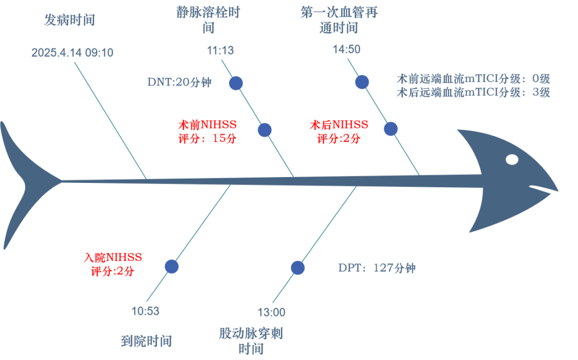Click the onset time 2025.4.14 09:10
coord(72,53)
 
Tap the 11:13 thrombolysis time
coord(220,50)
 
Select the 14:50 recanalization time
coord(346,50)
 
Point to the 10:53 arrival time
coord(146,311)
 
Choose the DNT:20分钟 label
coord(179,82)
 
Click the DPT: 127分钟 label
coord(377,268)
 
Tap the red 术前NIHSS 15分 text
coord(207,132)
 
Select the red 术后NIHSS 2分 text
coord(339,132)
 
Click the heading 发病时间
coord(70,21)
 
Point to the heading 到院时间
coord(146,340)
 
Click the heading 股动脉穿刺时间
coord(250,341)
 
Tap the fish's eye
coord(512,159)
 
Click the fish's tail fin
coord(21,185)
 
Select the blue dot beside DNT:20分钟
coord(236,83)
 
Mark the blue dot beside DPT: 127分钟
coord(298,268)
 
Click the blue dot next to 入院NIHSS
coord(171,266)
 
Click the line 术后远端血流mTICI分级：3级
coord(473,92)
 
